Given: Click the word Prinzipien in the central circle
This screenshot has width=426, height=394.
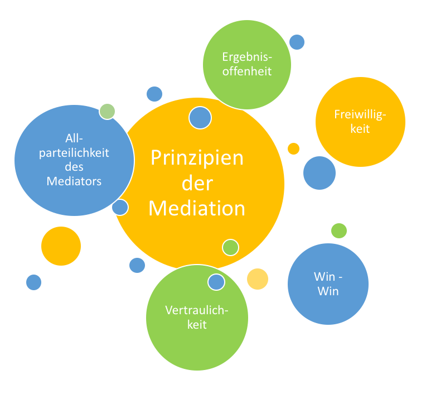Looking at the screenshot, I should tap(197, 158).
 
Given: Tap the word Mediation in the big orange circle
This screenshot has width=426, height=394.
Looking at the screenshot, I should tap(197, 208).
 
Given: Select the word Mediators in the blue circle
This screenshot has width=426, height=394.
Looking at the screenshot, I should tap(74, 181).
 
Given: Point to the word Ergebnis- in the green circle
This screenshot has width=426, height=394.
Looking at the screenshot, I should tap(247, 57).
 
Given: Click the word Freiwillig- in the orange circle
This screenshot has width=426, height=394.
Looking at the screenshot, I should tap(360, 115).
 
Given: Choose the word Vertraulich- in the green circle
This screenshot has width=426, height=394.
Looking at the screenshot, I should tap(197, 311).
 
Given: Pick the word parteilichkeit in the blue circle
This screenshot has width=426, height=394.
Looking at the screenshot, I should tap(74, 152).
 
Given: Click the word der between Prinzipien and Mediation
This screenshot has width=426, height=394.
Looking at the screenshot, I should tap(197, 184).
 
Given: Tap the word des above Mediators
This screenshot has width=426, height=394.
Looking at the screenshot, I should tap(74, 166).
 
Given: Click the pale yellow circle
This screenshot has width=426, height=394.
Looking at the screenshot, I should tap(258, 278).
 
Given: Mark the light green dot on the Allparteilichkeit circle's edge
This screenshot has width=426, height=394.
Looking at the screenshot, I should tap(107, 111).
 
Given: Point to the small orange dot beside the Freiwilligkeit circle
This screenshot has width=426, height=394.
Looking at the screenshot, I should tap(293, 148).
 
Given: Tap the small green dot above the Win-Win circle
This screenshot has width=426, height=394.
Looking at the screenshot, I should tap(339, 230).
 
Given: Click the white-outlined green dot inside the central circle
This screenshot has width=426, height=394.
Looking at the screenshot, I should tap(230, 247).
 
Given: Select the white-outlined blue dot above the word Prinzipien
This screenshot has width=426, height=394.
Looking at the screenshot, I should tap(200, 118).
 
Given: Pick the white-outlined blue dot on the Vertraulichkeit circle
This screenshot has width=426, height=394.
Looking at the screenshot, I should tap(216, 282).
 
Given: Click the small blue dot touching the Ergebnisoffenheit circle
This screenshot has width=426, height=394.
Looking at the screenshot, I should tap(297, 42).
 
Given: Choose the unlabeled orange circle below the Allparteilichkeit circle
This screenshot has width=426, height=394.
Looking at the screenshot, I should tap(61, 246).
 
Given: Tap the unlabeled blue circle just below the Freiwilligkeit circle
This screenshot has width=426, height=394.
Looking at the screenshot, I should tap(319, 173).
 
